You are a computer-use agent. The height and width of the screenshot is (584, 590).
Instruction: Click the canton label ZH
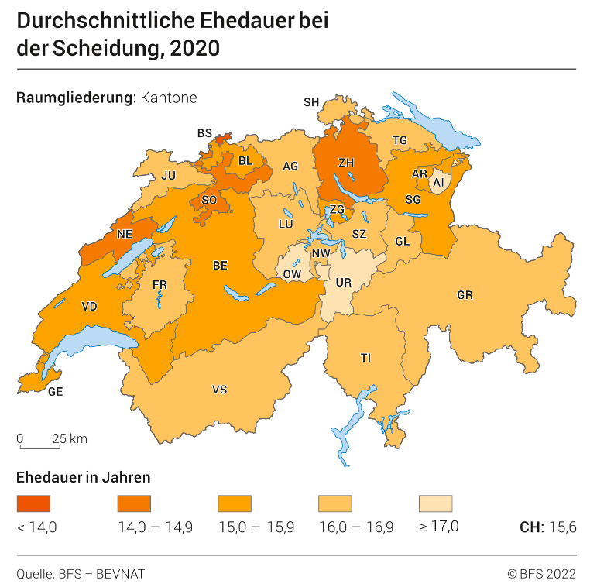(346, 163)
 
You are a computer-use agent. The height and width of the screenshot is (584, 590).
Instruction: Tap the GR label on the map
(465, 295)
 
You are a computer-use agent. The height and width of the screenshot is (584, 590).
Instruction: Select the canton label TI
(365, 357)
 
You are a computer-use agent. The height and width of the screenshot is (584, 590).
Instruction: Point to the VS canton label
(220, 390)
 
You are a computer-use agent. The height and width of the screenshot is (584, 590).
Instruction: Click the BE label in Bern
(220, 266)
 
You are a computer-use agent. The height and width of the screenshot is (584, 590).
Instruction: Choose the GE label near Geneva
(55, 392)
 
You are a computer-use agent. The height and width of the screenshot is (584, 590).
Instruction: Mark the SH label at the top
(311, 101)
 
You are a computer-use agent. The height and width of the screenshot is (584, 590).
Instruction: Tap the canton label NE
(124, 234)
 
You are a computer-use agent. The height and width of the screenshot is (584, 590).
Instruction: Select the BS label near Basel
(204, 133)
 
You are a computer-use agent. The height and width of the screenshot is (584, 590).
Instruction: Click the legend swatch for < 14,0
(33, 504)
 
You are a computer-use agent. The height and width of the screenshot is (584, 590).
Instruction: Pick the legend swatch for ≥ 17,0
(435, 504)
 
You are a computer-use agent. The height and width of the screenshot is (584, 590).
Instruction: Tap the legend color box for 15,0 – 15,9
(235, 504)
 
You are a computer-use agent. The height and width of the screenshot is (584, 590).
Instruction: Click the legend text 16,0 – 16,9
(356, 527)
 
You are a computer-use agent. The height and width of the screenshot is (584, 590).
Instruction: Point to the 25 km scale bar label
(70, 438)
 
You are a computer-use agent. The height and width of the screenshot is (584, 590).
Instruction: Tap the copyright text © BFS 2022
(541, 573)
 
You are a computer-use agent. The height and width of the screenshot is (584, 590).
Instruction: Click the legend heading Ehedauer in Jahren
(83, 476)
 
